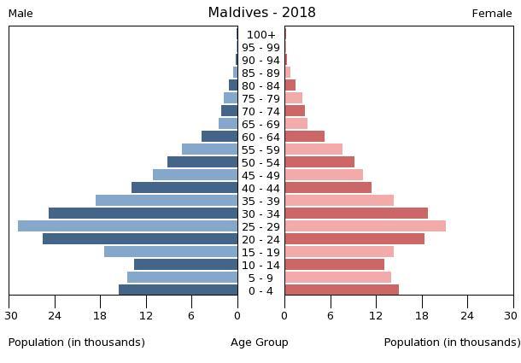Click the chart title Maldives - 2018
(x=261, y=13)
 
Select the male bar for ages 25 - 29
(x=127, y=226)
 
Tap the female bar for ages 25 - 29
(x=365, y=226)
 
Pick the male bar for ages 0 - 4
(x=178, y=290)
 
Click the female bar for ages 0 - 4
(x=342, y=290)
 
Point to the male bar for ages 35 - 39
(x=167, y=201)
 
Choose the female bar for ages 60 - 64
(x=304, y=137)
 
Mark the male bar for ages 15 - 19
(x=171, y=252)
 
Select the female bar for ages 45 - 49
(x=324, y=175)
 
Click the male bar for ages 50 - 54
(x=202, y=162)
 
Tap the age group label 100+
(x=260, y=35)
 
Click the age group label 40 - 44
(x=260, y=188)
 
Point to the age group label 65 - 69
(x=260, y=124)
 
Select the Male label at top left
(x=20, y=14)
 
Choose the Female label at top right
(x=492, y=14)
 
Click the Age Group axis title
(x=260, y=343)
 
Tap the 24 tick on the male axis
(x=56, y=314)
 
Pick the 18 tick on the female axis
(x=422, y=314)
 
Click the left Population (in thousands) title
(x=77, y=343)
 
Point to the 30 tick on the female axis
(x=513, y=314)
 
